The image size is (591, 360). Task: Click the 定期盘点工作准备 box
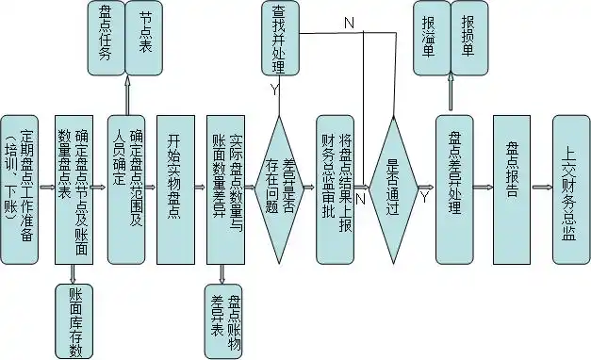click(22, 188)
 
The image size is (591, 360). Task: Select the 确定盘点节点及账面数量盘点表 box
click(80, 188)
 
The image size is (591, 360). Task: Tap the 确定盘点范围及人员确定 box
click(128, 188)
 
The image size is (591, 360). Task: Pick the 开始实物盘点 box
click(174, 188)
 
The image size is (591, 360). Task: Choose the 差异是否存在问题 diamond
click(280, 188)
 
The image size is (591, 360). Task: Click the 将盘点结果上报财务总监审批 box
click(337, 188)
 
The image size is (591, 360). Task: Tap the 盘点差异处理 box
click(457, 188)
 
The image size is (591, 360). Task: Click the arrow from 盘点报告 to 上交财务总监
click(542, 188)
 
